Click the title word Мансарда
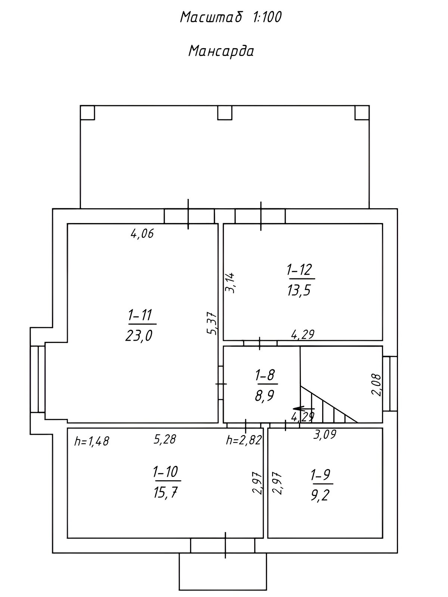[x=221, y=51]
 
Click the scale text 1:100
[x=267, y=18]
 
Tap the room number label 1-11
[x=141, y=315]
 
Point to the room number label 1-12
[x=299, y=270]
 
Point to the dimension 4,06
[x=142, y=234]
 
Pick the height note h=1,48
[x=92, y=441]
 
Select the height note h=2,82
[x=244, y=440]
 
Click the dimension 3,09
[x=325, y=434]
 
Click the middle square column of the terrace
[x=225, y=113]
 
